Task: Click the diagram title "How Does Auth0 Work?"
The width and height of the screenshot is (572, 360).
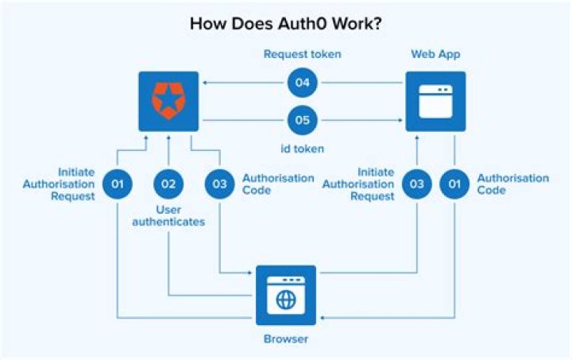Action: (286, 23)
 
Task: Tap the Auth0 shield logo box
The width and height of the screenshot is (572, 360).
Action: (168, 101)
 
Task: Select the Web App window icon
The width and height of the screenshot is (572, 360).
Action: (435, 101)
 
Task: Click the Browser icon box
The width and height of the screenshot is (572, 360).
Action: (286, 295)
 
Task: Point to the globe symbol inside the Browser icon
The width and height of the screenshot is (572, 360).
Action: (286, 300)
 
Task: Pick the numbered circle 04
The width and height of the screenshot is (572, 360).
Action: (303, 83)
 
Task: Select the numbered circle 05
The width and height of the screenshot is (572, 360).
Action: (303, 121)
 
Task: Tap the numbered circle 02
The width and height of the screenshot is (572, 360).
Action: (168, 184)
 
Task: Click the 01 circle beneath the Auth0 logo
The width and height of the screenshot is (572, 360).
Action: (118, 184)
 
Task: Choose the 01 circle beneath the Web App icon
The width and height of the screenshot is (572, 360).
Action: (454, 184)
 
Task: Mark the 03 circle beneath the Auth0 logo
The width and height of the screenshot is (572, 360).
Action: (218, 184)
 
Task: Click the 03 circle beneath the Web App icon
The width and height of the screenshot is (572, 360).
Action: (416, 184)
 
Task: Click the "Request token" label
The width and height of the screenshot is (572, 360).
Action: (303, 54)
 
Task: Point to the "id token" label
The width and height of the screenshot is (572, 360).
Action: (303, 149)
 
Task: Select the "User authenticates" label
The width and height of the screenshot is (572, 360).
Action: (168, 215)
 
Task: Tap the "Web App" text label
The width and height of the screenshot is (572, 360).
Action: (435, 54)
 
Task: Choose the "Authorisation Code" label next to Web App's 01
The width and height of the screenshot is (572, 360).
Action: (512, 184)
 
